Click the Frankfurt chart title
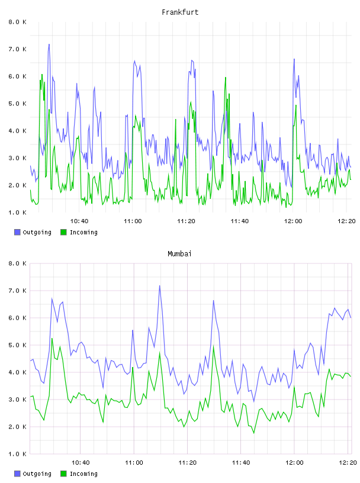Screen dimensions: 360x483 tap(180, 12)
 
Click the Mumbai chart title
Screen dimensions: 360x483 tap(179, 253)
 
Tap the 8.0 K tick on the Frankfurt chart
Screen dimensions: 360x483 tap(18, 22)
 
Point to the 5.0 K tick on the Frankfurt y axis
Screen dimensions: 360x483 tap(18, 104)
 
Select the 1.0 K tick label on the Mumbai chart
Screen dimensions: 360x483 tap(18, 454)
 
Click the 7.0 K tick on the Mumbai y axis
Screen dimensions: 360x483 tap(18, 291)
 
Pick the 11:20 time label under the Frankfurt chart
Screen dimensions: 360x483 tap(186, 221)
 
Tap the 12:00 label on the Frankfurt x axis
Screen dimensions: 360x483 tap(293, 221)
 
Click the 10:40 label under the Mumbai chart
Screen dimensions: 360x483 tap(81, 462)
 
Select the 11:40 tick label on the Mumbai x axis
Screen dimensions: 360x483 tap(241, 462)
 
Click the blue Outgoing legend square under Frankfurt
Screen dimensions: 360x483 tap(17, 232)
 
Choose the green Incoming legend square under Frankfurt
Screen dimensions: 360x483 tap(63, 232)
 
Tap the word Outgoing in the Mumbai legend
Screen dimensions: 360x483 tap(37, 474)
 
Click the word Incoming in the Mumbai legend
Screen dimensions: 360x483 tap(83, 474)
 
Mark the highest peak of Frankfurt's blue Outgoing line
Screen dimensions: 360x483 tap(49, 44)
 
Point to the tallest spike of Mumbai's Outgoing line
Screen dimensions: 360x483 tap(160, 286)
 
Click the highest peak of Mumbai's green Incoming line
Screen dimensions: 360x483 tap(52, 339)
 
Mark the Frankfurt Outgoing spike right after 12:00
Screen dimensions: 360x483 tap(294, 59)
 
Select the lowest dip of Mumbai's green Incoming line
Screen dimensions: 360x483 tap(254, 433)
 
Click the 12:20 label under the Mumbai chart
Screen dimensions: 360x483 tap(348, 462)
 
